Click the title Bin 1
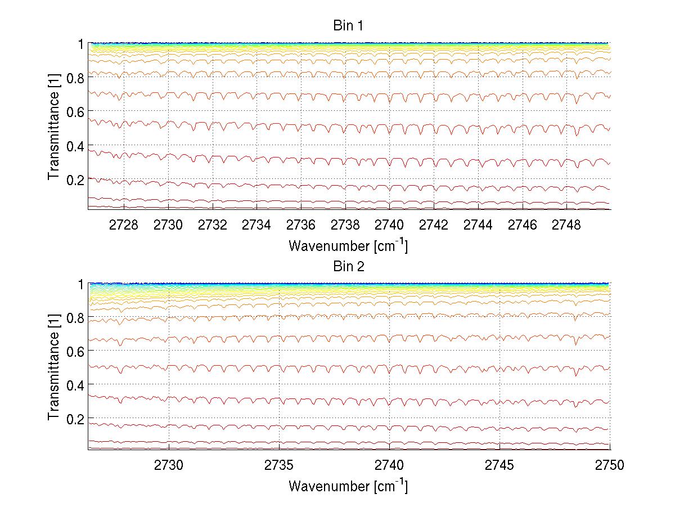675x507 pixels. point(349,26)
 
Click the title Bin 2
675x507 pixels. point(349,267)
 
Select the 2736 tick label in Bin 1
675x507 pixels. point(301,225)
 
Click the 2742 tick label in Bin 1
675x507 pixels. point(434,225)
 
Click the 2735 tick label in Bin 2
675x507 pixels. point(279,465)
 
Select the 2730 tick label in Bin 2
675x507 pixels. point(169,465)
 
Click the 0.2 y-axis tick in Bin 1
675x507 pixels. point(75,180)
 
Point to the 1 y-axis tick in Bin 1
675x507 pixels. point(81,43)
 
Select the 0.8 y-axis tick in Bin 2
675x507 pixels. point(75,318)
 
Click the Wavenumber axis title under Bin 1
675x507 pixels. point(348,245)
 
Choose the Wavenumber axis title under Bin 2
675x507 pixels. point(348,486)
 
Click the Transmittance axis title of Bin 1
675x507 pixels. point(54,126)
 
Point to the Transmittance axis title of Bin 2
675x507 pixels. point(54,366)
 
